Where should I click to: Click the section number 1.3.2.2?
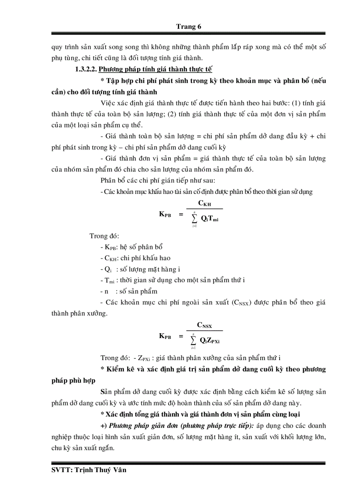tap(86, 69)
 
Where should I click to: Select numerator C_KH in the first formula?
tap(204, 203)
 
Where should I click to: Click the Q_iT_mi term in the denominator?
tap(210, 218)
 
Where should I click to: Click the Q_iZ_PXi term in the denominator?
tap(210, 340)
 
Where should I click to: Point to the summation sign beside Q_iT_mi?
tap(194, 218)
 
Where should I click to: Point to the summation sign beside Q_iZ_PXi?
tap(194, 340)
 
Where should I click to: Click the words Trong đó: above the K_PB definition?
tap(104, 236)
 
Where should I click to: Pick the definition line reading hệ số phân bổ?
tap(132, 247)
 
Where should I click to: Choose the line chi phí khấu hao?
tap(135, 258)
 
